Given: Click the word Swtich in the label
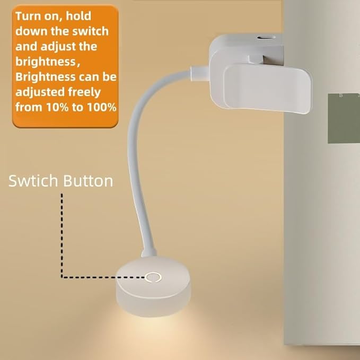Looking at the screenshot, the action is click(33, 181).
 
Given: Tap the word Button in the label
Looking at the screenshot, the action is click(88, 181).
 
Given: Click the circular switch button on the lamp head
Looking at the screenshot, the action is click(153, 278).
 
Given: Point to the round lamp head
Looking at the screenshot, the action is click(153, 286).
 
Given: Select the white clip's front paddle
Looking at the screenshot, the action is click(268, 90).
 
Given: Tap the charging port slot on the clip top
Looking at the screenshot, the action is click(266, 38).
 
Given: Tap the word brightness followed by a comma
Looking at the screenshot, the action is click(48, 62).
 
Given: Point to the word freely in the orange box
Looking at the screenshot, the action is click(84, 92).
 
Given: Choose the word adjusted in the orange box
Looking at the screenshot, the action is click(40, 92).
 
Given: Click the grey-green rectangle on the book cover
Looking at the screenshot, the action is click(344, 118).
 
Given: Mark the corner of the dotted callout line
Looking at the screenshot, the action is click(62, 277).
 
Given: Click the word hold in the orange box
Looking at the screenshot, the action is click(78, 16).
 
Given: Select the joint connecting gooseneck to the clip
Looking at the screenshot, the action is click(199, 73).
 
